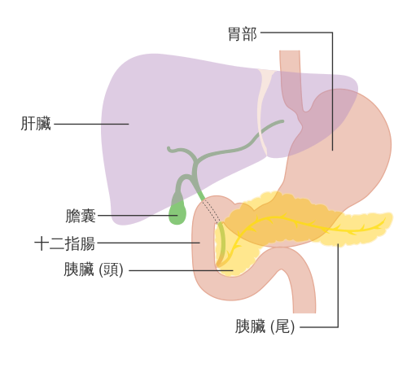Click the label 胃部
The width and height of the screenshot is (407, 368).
(x=243, y=34)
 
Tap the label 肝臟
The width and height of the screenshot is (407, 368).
(x=36, y=124)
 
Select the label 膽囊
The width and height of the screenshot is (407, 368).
(x=81, y=216)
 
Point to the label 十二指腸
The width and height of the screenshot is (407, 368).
(x=64, y=243)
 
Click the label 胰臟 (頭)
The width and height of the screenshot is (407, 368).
(x=94, y=269)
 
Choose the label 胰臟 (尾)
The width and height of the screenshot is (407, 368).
(x=265, y=326)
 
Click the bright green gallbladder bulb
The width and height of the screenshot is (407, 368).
(x=177, y=214)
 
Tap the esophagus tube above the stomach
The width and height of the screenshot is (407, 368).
(x=291, y=79)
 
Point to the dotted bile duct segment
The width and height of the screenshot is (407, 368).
(x=211, y=211)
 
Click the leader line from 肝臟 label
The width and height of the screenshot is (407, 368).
(x=91, y=124)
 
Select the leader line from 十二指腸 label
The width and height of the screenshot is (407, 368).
(x=149, y=243)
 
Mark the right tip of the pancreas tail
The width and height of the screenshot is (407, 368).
(x=392, y=217)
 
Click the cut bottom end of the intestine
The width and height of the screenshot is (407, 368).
(x=304, y=313)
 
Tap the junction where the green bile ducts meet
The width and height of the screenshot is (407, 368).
(x=196, y=160)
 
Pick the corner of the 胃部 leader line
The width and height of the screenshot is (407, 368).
(x=332, y=33)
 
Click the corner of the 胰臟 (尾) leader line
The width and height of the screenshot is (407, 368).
(x=338, y=326)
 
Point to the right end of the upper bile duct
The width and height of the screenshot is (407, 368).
(x=282, y=121)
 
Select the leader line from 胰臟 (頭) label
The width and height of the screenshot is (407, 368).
(x=181, y=270)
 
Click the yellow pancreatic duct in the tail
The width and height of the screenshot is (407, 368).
(x=352, y=230)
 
